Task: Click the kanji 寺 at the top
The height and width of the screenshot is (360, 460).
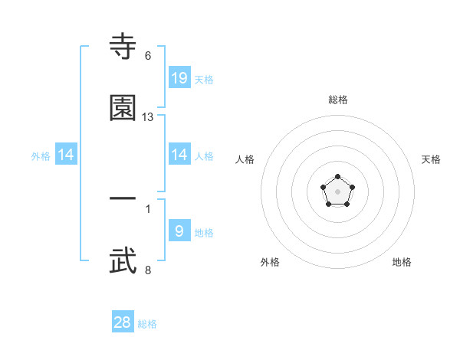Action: [x=123, y=47]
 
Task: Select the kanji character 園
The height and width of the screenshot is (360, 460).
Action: [x=123, y=108]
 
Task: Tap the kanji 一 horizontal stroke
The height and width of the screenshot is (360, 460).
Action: [x=123, y=198]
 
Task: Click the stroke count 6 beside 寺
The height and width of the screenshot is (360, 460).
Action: [x=148, y=56]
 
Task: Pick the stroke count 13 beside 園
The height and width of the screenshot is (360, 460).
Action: [x=148, y=117]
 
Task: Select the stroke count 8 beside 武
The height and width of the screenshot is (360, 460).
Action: [x=148, y=270]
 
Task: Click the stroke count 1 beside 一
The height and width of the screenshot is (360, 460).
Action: [x=148, y=208]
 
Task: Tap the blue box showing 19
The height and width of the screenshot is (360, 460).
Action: [x=179, y=78]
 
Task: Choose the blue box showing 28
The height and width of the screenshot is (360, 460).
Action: [x=123, y=322]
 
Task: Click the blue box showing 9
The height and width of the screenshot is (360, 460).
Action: [x=179, y=231]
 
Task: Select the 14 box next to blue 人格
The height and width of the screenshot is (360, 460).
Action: [x=179, y=155]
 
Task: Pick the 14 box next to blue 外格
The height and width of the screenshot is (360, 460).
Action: [x=66, y=155]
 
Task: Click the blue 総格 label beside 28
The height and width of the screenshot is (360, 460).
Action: [x=147, y=324]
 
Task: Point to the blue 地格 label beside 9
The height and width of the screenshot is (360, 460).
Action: [x=204, y=232]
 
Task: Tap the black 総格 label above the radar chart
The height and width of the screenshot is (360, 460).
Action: [x=338, y=100]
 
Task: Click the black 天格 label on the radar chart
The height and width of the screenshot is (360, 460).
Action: [x=431, y=159]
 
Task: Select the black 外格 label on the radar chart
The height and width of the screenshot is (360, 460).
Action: [x=270, y=262]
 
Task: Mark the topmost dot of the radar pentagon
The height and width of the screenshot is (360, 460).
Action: [x=338, y=178]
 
